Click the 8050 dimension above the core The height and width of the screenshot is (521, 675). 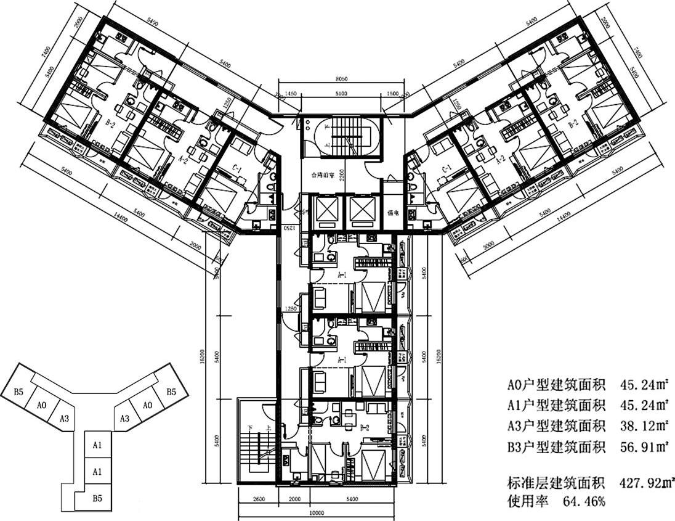(341, 80)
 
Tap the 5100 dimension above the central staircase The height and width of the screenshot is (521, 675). (341, 94)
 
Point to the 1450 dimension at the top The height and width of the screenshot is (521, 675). (290, 94)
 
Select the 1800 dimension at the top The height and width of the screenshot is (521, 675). (393, 94)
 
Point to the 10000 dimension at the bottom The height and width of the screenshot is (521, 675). (316, 511)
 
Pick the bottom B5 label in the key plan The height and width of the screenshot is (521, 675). (97, 498)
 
